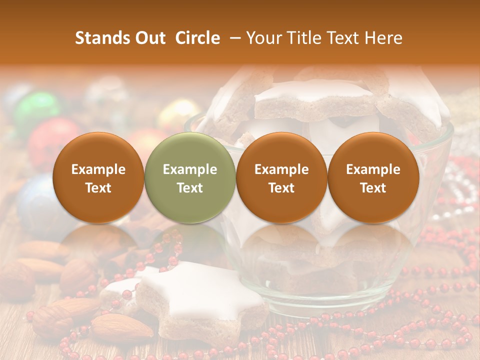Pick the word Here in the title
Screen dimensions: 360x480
[382, 38]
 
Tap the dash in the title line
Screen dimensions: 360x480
[233, 38]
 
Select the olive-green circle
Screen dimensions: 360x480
[190, 177]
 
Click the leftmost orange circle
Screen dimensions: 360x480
[98, 177]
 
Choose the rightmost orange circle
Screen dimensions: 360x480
[373, 177]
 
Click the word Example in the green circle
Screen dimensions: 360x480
[190, 169]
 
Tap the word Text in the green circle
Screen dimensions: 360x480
[190, 188]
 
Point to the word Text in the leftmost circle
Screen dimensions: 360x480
[98, 188]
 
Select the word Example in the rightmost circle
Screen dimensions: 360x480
[373, 169]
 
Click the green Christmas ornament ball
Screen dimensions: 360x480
[35, 110]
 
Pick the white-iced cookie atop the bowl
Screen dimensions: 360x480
[315, 97]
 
